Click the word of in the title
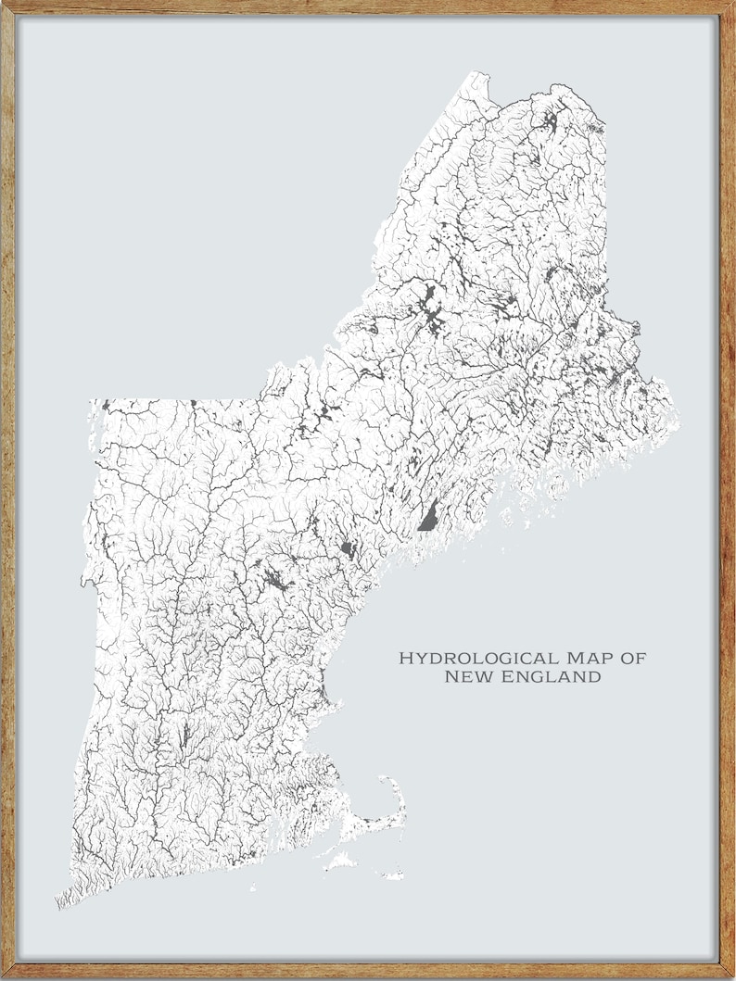(634, 658)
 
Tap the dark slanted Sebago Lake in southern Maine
(428, 514)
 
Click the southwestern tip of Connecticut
(57, 902)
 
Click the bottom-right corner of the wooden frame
(731, 976)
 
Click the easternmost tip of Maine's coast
(677, 413)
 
